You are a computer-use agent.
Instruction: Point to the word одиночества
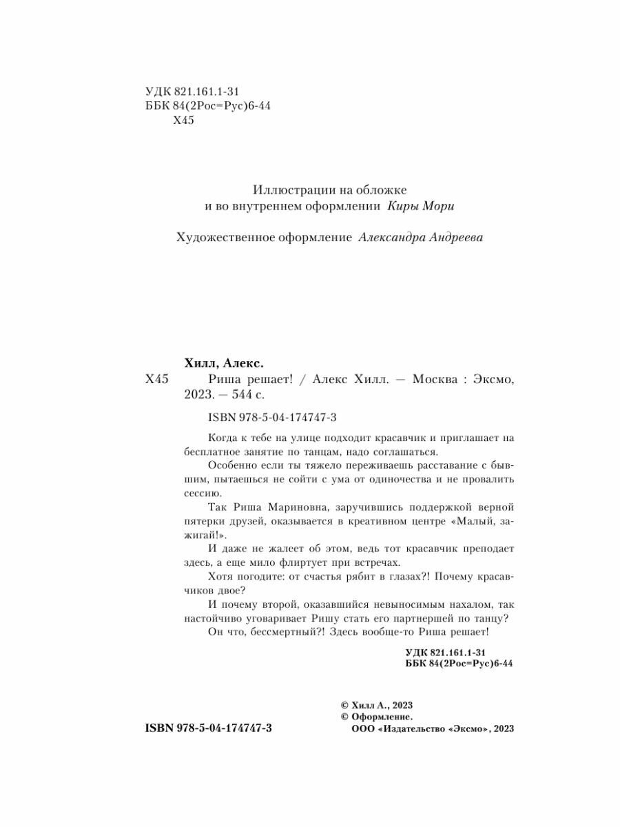click(395, 480)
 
